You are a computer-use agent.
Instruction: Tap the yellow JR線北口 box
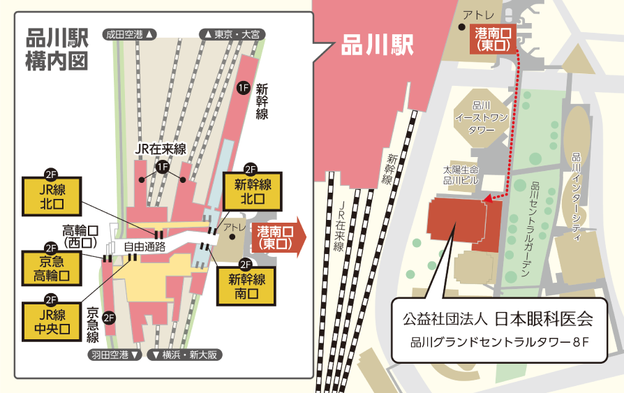(52, 197)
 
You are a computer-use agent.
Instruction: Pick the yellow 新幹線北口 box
(251, 191)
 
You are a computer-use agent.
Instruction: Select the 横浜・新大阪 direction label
(186, 355)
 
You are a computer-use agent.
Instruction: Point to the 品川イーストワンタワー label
(482, 118)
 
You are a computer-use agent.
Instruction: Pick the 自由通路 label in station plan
(144, 246)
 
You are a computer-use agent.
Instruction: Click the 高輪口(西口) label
(80, 236)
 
